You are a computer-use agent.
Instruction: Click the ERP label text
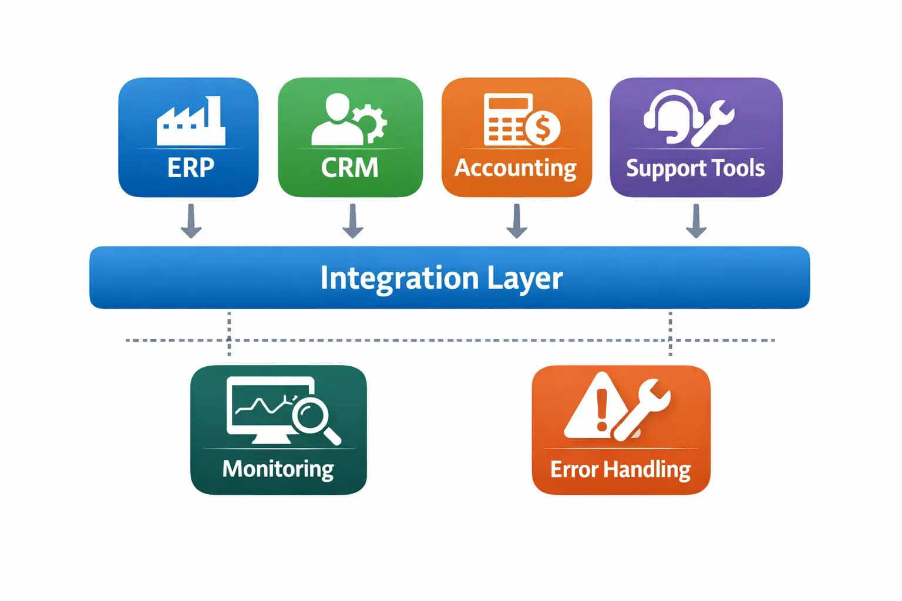(x=190, y=168)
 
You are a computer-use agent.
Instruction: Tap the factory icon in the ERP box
(x=190, y=122)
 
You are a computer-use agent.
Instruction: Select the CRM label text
(x=349, y=168)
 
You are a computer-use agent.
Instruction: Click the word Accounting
(x=516, y=168)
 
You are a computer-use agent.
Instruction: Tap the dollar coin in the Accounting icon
(x=543, y=128)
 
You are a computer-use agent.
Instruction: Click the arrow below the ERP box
(x=191, y=221)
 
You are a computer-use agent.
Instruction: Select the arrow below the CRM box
(x=352, y=221)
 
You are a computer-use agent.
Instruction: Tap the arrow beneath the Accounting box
(x=517, y=221)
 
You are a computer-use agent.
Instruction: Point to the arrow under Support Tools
(x=696, y=221)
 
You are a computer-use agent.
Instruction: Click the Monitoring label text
(x=278, y=469)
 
